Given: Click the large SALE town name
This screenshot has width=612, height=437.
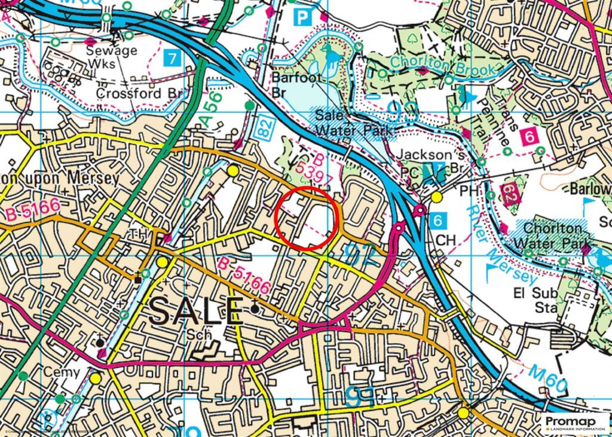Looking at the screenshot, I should point(196,310).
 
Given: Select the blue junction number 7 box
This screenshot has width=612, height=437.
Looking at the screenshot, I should point(172,59).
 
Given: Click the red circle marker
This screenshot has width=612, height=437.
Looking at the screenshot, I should point(307,217).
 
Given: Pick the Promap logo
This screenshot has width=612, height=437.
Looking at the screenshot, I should point(575,423).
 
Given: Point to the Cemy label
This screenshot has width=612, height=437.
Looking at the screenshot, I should point(62,372).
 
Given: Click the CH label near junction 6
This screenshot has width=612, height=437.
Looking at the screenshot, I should point(445,239).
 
